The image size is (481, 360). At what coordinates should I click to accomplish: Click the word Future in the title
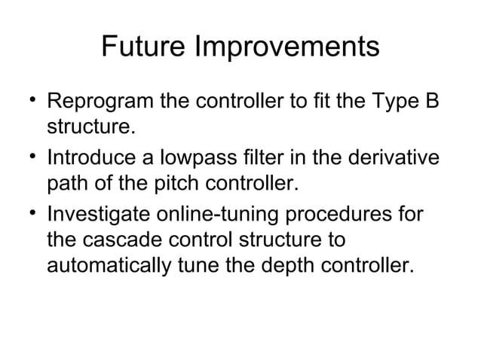[143, 47]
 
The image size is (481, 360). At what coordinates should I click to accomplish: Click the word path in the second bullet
[67, 183]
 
